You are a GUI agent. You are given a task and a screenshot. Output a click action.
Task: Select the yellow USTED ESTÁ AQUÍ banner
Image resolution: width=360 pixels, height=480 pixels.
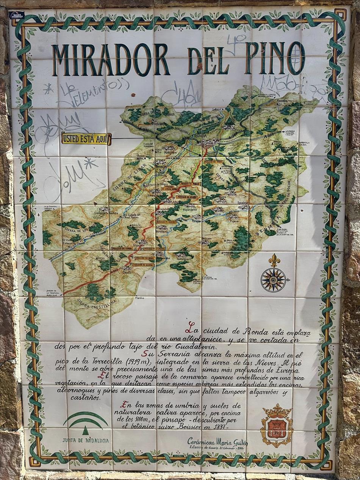(86, 139)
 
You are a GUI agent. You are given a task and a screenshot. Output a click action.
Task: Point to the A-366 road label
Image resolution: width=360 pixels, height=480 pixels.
(269, 134)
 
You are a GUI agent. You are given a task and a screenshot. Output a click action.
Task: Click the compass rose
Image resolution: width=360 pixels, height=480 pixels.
(273, 280)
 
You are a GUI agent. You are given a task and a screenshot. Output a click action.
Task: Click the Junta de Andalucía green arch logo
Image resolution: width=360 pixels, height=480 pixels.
(86, 421)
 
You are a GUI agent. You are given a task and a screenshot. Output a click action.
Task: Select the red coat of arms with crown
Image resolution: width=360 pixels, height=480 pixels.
(277, 426)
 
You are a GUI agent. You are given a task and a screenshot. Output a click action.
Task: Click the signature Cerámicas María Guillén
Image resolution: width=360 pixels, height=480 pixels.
(218, 442)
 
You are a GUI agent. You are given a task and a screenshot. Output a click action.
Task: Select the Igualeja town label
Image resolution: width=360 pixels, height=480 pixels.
(243, 202)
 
